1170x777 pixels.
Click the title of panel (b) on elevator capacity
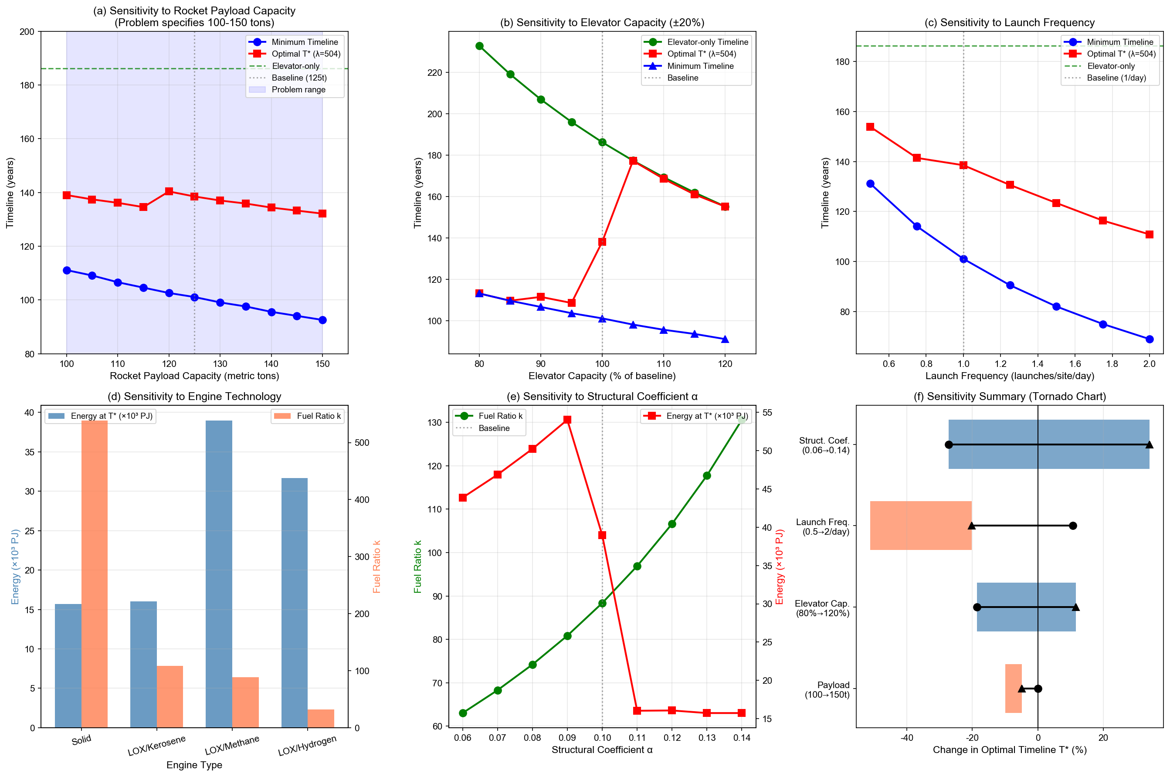[x=602, y=22]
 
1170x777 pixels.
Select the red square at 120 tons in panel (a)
[x=169, y=191]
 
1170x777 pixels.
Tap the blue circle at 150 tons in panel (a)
[x=322, y=320]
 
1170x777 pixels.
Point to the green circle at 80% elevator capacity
[x=479, y=46]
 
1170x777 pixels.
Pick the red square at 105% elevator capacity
[x=633, y=161]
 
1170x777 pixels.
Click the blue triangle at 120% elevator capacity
[x=725, y=339]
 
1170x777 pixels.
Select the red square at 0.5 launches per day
[x=870, y=127]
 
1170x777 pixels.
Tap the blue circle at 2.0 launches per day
[x=1150, y=339]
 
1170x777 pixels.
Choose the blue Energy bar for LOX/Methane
[x=219, y=574]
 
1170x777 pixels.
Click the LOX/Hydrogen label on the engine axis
[x=307, y=746]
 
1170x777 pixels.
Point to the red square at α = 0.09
[x=567, y=420]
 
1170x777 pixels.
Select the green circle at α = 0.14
[x=741, y=420]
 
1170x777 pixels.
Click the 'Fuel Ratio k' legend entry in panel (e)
[x=500, y=416]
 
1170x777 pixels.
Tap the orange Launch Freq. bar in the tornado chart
[x=921, y=525]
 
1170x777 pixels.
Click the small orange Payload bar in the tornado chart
[x=1014, y=688]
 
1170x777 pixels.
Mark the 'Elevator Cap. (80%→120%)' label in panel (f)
[x=822, y=608]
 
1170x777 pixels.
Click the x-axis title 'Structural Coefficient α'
[x=602, y=750]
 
